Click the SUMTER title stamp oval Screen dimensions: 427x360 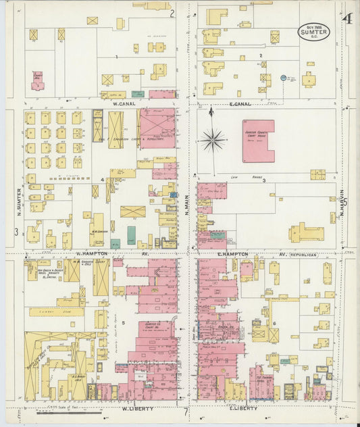coord(314,32)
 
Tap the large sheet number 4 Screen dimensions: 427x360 coord(346,20)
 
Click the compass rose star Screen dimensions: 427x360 coord(213,140)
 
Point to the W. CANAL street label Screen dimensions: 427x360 coord(125,103)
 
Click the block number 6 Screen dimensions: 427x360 coord(274,323)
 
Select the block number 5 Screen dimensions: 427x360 coord(123,323)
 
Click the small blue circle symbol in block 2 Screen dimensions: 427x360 coord(283,78)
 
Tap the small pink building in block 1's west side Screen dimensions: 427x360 coord(37,81)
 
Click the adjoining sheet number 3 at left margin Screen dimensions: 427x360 coord(15,232)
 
